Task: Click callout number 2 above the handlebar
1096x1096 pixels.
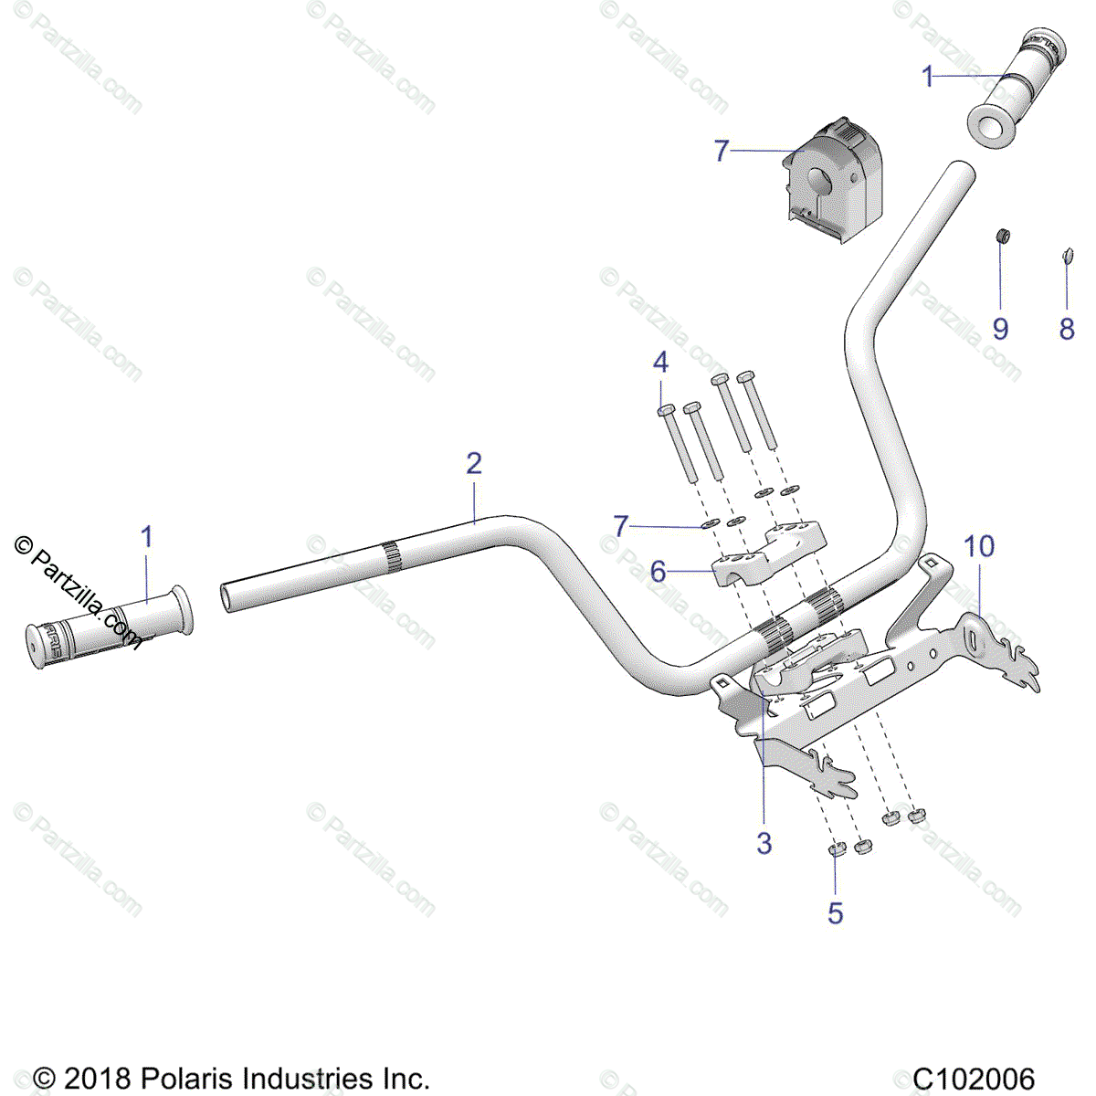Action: point(473,463)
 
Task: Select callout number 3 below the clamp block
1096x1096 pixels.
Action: point(764,843)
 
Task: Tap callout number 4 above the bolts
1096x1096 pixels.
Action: point(660,363)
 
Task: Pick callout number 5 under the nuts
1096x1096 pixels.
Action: point(836,912)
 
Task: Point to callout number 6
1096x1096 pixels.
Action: point(659,572)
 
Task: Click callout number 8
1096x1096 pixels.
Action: point(1067,329)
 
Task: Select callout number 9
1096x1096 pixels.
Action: point(1000,329)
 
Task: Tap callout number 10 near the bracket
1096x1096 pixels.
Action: point(979,547)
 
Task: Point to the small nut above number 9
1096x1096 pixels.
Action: point(1002,237)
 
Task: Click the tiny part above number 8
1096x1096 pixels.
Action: point(1065,255)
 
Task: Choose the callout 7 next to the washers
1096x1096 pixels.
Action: point(621,525)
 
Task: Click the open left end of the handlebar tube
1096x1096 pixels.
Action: point(227,597)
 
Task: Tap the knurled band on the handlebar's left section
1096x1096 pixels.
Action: point(390,557)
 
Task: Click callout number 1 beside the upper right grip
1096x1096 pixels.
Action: point(928,77)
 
